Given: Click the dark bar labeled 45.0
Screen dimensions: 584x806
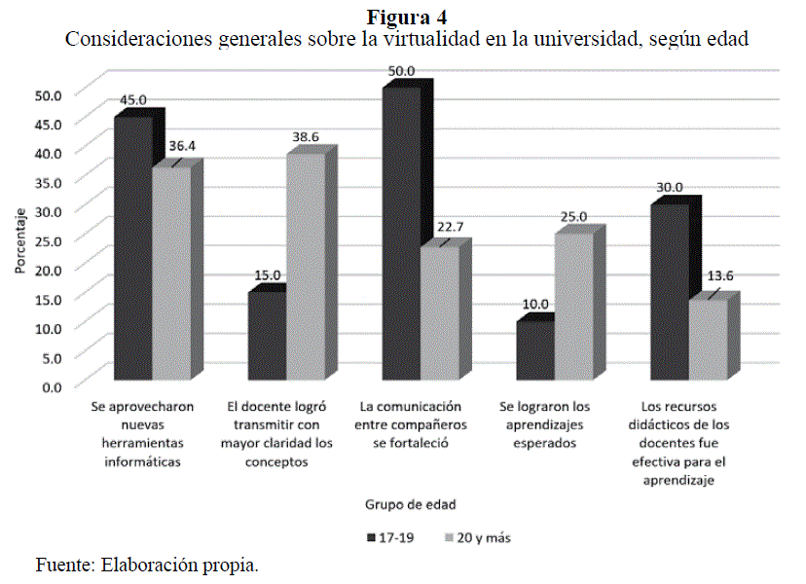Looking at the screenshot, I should pyautogui.click(x=132, y=248).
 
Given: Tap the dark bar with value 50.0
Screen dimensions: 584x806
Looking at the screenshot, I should pyautogui.click(x=401, y=234).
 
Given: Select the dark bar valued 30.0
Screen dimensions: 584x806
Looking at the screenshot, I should pyautogui.click(x=669, y=292).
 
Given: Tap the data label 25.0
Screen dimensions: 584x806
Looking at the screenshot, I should pyautogui.click(x=573, y=217).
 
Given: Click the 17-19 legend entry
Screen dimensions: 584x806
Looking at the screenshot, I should pyautogui.click(x=390, y=536).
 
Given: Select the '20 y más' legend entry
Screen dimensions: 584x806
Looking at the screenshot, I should pyautogui.click(x=477, y=536).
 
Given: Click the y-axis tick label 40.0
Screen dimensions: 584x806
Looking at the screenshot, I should pyautogui.click(x=48, y=153).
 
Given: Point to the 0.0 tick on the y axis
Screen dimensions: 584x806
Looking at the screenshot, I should pyautogui.click(x=51, y=386).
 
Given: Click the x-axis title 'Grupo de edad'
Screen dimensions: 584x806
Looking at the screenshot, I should pyautogui.click(x=409, y=504).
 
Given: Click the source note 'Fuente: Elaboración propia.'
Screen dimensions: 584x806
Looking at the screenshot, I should pyautogui.click(x=147, y=565).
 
